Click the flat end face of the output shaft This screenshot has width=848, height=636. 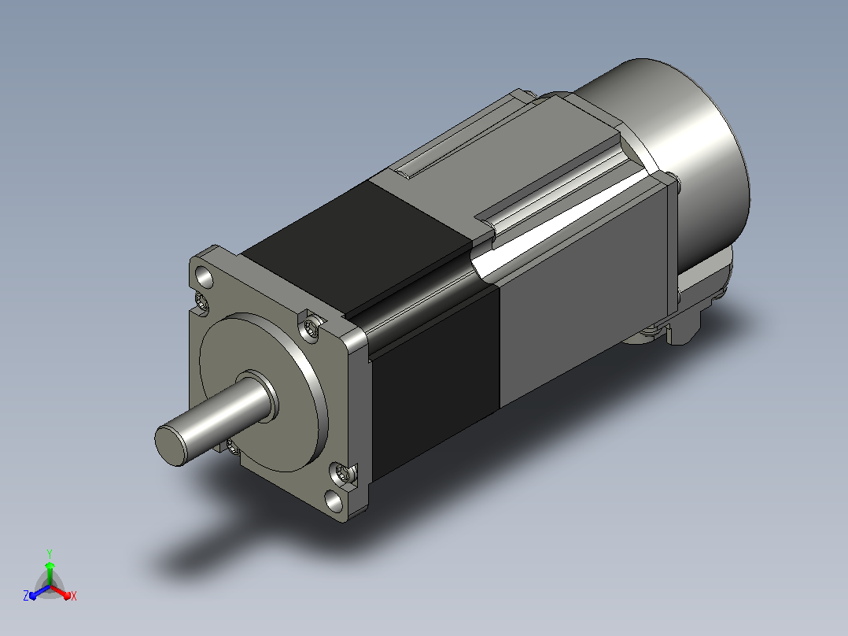tap(170, 445)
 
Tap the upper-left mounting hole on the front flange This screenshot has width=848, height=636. tap(205, 277)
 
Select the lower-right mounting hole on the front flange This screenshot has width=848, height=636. tap(334, 501)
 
